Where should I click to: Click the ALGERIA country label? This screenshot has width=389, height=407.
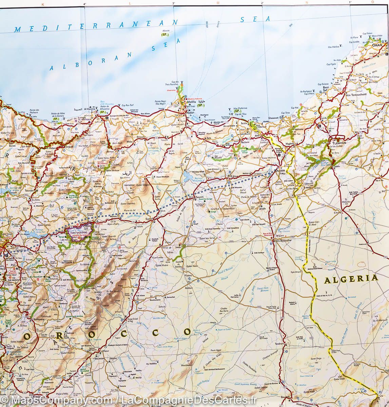(351, 279)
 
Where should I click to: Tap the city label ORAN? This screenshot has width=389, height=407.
(377, 45)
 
